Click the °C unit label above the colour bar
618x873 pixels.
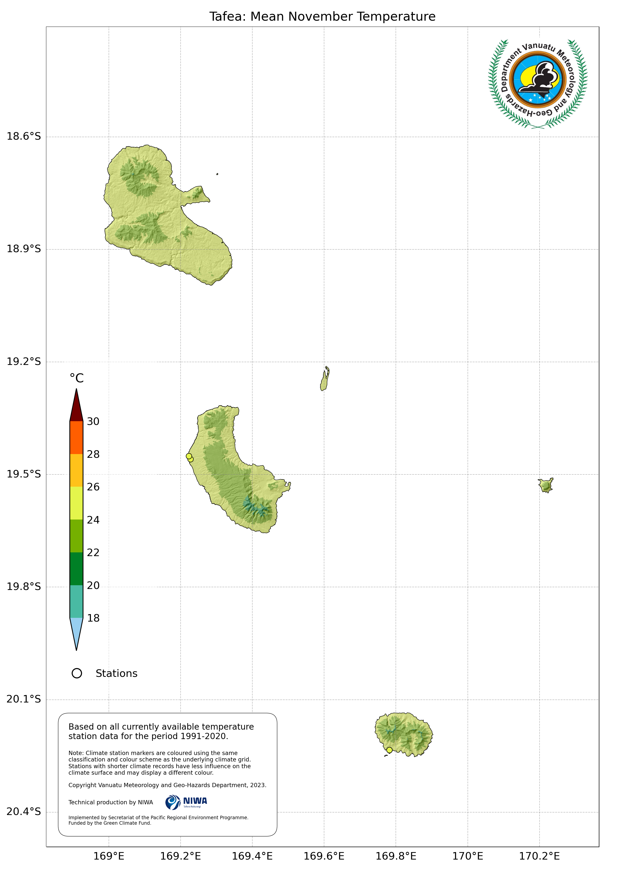pos(76,378)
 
